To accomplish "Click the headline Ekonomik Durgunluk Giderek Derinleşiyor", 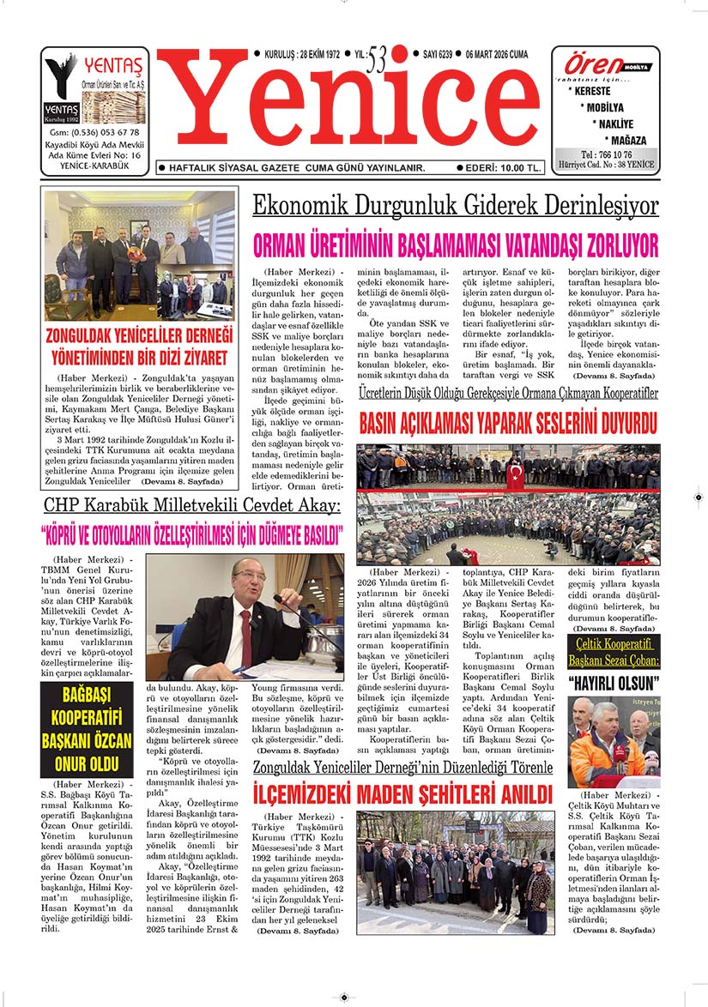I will tap(455, 206).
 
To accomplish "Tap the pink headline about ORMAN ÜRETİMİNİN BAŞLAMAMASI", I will tap(455, 244).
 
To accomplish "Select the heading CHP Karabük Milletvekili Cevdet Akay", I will tap(192, 504).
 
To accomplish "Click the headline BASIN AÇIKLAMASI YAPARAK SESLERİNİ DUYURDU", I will tap(508, 422).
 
